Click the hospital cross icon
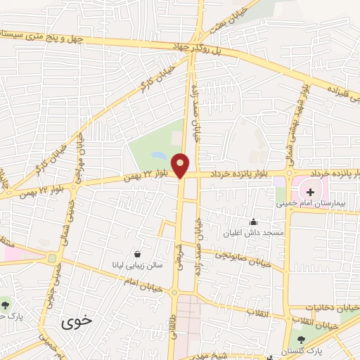pos(311,191)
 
